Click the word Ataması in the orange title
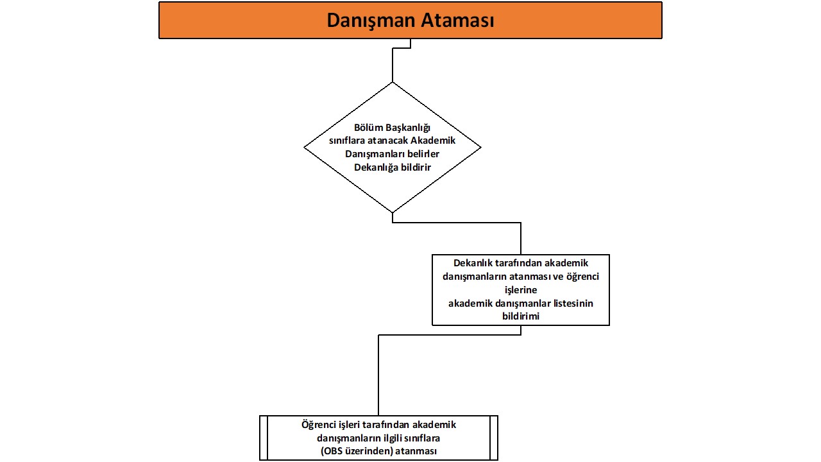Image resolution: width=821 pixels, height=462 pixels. coord(457,21)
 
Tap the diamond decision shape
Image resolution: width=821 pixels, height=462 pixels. coord(392,186)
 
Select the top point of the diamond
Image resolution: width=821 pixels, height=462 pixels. coord(392,83)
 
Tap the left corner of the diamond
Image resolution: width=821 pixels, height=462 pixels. coord(305,147)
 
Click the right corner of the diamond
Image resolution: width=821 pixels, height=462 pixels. coord(479,147)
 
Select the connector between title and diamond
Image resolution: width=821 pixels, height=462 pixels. coord(392,64)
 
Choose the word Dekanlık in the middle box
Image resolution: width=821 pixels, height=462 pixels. coord(473,263)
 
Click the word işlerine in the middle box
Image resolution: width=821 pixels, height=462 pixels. coord(520,290)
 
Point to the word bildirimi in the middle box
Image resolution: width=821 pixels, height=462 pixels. coord(520,316)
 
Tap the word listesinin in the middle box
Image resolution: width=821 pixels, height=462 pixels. coord(567,304)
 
